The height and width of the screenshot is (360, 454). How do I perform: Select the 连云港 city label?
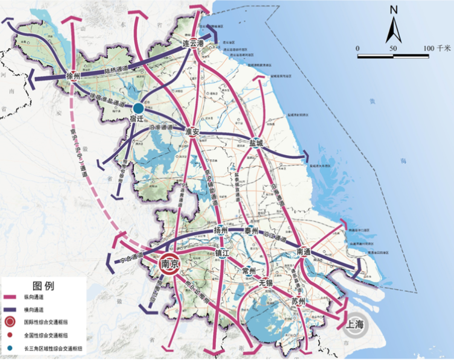(192, 43)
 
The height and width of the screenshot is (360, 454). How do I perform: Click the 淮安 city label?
(193, 131)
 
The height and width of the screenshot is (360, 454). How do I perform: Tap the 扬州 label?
(221, 231)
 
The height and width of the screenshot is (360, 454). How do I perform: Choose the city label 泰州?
(251, 231)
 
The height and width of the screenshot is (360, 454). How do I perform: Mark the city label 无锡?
(267, 283)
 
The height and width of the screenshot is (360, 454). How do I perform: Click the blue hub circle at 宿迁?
(139, 108)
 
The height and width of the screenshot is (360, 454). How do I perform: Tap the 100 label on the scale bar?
(428, 48)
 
